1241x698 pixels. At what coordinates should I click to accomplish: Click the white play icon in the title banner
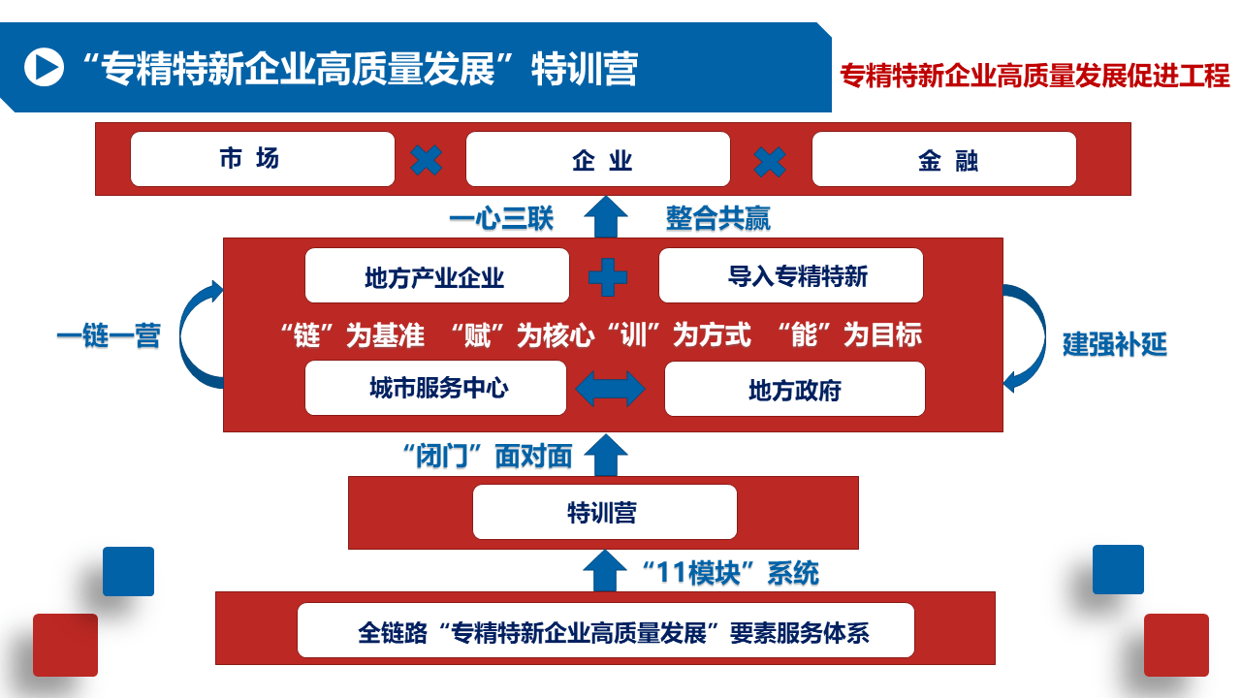point(44,67)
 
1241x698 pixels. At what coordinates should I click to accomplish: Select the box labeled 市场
point(263,159)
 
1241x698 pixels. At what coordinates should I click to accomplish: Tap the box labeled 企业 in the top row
point(598,159)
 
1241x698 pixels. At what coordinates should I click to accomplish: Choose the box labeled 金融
point(944,159)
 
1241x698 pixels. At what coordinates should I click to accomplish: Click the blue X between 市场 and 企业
point(427,160)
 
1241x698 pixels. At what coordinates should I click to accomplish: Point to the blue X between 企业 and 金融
point(771,160)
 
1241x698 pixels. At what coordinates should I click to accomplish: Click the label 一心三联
point(501,218)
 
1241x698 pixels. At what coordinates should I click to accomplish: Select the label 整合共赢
point(718,218)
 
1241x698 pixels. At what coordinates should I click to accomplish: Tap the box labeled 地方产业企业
point(437,276)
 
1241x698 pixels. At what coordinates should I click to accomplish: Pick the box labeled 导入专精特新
point(791,276)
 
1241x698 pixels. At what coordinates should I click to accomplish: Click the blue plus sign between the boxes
point(608,277)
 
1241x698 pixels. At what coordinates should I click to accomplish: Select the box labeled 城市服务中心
point(436,388)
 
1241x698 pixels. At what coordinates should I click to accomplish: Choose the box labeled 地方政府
point(795,389)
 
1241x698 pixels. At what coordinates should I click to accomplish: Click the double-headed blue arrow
point(611,389)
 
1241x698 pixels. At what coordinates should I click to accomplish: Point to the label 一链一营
point(109,336)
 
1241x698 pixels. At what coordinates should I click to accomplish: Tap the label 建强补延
point(1114,344)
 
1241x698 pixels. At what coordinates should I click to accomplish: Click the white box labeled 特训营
point(604,512)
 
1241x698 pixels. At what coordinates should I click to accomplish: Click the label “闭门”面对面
point(487,456)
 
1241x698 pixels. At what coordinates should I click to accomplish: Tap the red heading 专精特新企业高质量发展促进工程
point(1034,76)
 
